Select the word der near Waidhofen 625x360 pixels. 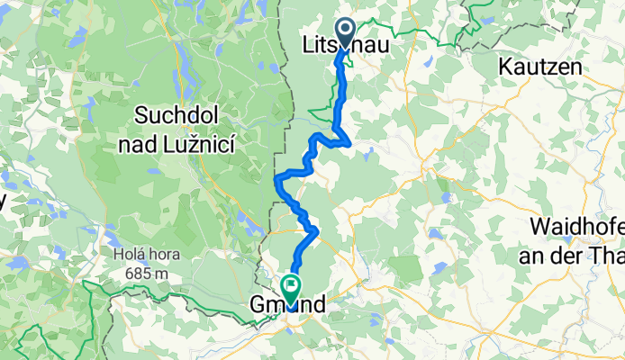pyautogui.click(x=580, y=251)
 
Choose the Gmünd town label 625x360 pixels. pyautogui.click(x=286, y=309)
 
